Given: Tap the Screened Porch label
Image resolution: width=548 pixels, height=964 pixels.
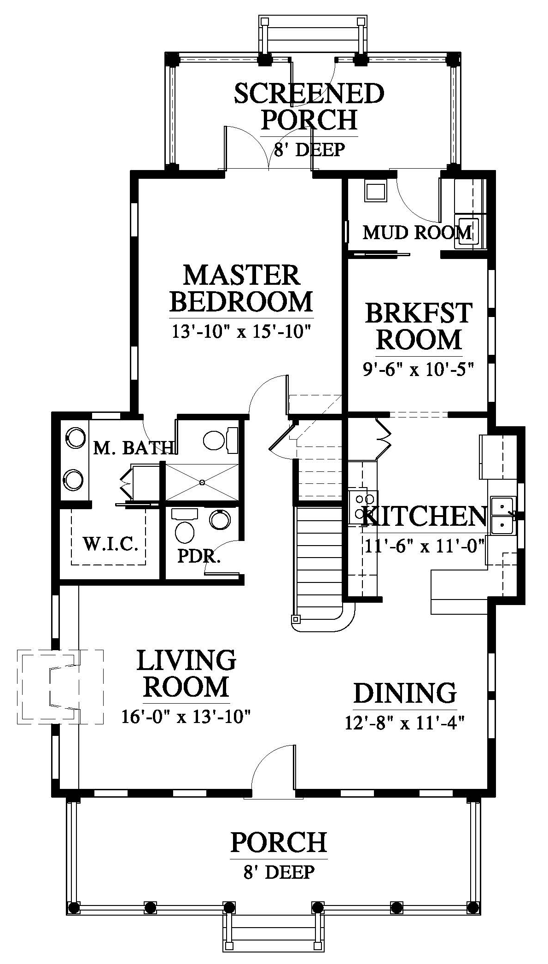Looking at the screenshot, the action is coord(309,106).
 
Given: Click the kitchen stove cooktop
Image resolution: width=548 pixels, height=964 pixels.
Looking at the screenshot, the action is coord(362,506).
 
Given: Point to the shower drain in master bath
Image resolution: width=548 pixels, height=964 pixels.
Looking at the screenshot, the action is coord(202,482).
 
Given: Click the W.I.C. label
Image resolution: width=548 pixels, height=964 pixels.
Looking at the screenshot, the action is coord(111,544).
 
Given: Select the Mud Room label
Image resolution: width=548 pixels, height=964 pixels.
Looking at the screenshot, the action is coord(417,232).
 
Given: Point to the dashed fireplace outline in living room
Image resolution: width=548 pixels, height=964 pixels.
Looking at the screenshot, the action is coord(60,687).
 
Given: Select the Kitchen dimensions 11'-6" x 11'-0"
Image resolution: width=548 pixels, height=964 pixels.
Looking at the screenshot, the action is coord(425,547).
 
